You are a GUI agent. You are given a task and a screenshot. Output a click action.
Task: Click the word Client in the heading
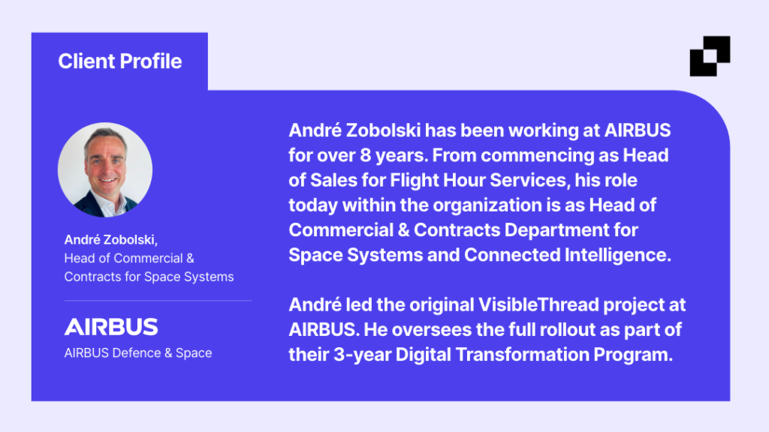[x=86, y=61]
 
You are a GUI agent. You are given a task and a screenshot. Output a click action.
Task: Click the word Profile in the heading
[x=150, y=61]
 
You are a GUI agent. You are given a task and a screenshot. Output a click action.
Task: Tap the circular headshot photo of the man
[x=105, y=169]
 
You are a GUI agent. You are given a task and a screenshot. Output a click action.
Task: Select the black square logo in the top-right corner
[x=710, y=55]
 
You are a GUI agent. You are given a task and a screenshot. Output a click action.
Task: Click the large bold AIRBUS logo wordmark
[x=111, y=327]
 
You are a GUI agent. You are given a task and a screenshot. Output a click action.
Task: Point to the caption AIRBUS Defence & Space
[x=138, y=352]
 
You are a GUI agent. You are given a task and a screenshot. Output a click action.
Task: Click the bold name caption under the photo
[x=111, y=239]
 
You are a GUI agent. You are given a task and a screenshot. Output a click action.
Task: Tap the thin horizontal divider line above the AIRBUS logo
[x=158, y=300]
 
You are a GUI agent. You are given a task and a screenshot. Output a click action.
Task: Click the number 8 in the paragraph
[x=366, y=155]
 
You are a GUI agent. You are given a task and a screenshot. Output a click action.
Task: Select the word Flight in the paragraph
[x=414, y=180]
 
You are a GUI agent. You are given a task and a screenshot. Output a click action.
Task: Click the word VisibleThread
[x=538, y=305]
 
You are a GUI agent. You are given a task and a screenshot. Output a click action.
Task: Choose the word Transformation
[x=522, y=355]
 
